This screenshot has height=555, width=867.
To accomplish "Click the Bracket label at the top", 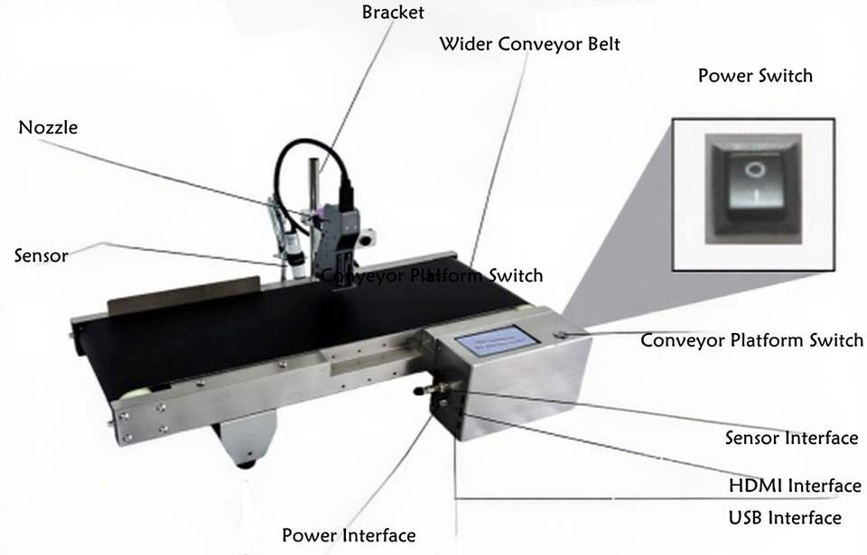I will coord(392,13).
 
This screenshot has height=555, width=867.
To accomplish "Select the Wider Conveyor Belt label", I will coord(529,44).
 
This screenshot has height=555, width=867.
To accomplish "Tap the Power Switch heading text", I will coord(755,76).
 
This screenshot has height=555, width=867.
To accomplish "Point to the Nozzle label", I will coord(48,127).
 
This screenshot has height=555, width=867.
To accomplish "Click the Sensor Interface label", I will coord(791,438).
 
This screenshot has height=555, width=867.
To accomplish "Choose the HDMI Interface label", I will coord(795,486).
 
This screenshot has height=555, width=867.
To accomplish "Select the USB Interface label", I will coord(785,517).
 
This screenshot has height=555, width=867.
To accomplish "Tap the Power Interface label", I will coord(349,535).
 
